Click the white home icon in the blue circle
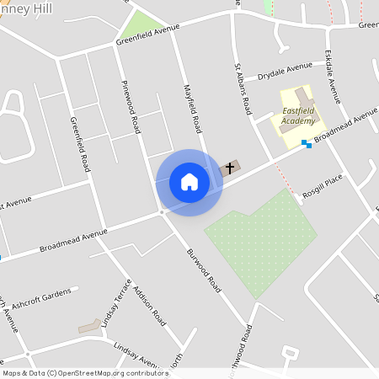189,182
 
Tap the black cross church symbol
227,169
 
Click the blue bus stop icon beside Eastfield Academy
307,145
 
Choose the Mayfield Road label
194,109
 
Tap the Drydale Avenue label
285,70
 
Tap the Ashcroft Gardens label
41,296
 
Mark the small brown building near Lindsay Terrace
88,326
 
